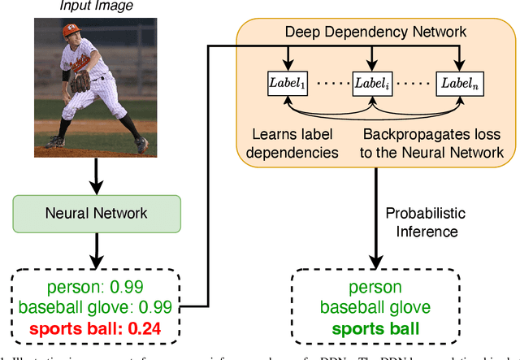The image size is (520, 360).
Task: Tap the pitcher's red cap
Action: coord(74,32)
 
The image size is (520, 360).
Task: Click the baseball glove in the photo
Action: coord(80,81)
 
